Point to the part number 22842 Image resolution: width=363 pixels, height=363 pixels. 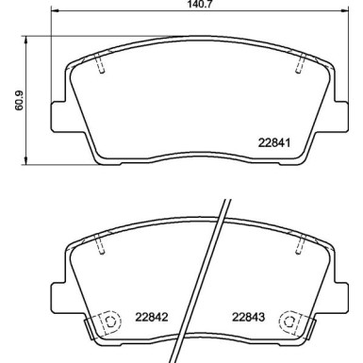(x=150, y=318)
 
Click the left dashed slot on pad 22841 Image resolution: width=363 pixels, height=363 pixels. (x=101, y=66)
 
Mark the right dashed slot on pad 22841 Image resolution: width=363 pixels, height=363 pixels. (x=300, y=65)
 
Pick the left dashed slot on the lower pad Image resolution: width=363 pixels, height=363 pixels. (x=101, y=244)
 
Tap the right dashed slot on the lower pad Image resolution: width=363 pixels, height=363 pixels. (x=300, y=244)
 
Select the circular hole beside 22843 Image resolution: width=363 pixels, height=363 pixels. (x=289, y=322)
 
